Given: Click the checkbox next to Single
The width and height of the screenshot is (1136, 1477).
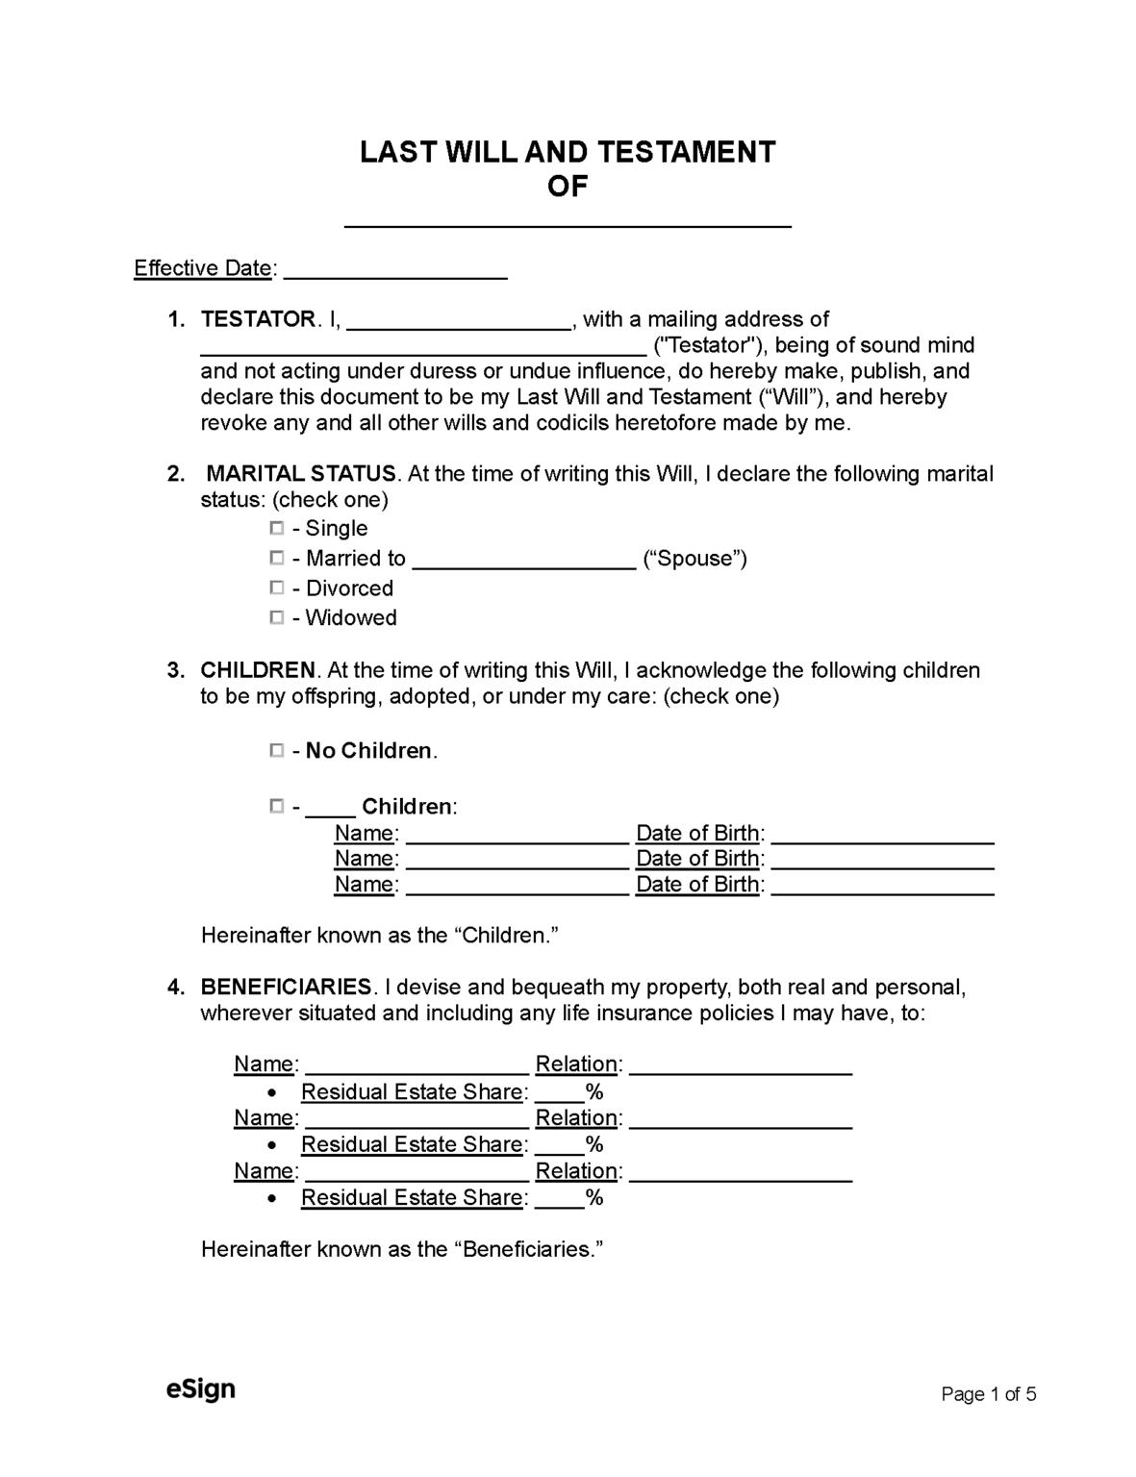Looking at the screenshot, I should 277,528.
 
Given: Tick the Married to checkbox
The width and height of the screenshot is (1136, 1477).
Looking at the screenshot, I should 277,558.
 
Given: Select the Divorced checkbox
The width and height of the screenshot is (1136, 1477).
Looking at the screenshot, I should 277,588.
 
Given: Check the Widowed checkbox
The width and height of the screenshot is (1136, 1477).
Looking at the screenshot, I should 277,617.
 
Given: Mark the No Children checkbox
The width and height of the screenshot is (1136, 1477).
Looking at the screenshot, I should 277,750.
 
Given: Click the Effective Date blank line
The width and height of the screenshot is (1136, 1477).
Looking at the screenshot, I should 395,271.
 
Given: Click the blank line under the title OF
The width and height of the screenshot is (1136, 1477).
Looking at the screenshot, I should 568,220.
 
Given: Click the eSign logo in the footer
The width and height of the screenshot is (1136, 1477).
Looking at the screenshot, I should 200,1389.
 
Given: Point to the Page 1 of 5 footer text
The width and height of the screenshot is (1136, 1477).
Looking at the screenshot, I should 988,1394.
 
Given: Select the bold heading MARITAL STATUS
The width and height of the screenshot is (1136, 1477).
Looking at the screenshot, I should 301,474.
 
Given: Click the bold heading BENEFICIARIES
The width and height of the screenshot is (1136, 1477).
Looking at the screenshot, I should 286,988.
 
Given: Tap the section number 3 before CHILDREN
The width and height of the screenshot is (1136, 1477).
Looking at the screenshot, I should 175,670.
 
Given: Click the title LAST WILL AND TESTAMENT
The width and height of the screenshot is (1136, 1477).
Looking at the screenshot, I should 568,152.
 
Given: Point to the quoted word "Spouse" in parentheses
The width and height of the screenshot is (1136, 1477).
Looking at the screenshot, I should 694,559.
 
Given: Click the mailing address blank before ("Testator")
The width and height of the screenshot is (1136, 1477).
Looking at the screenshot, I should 423,349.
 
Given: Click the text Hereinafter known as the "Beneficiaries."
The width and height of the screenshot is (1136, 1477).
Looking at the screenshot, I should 401,1249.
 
